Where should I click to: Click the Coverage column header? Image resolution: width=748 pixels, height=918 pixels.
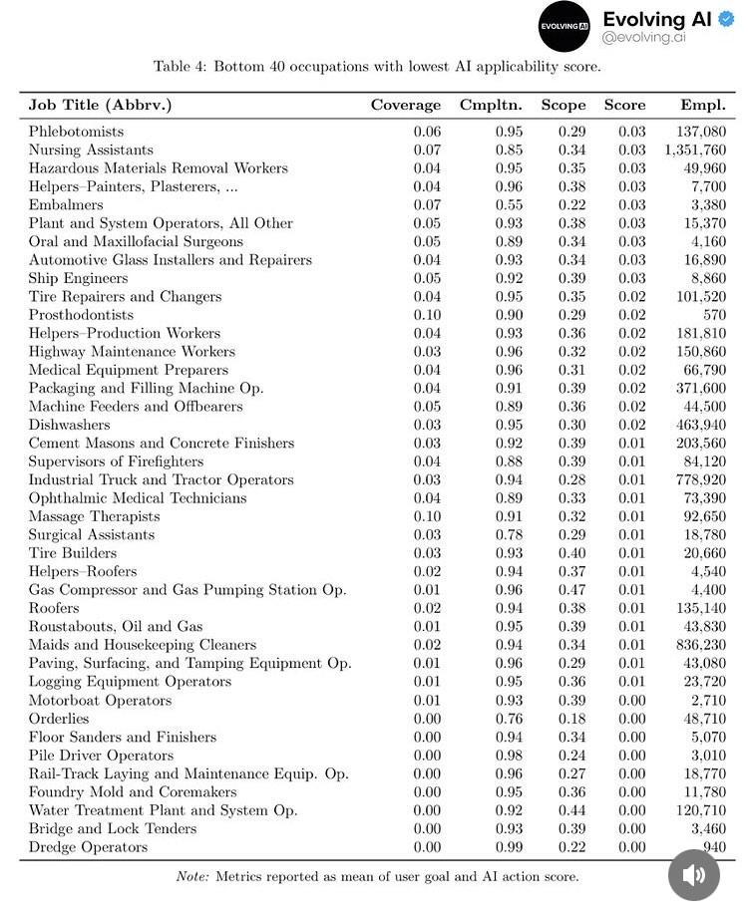[405, 105]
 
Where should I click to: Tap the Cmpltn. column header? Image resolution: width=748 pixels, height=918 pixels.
[491, 105]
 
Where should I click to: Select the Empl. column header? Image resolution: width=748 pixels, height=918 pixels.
[703, 105]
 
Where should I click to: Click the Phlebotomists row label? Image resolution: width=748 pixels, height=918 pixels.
[76, 132]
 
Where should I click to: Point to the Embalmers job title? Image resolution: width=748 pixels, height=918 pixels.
[66, 204]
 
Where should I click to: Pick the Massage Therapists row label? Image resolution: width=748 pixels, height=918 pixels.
[94, 516]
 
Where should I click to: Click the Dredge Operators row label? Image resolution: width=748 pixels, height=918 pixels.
[88, 847]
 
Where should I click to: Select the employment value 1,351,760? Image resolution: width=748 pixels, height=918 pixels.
[694, 150]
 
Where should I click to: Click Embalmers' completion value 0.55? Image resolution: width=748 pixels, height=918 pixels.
[509, 204]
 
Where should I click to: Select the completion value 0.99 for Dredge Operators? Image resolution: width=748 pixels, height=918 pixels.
[509, 847]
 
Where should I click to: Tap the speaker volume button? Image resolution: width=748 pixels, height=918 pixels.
[693, 874]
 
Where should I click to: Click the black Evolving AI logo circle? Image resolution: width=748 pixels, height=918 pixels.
[564, 26]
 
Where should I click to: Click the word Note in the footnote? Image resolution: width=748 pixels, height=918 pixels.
[192, 876]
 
